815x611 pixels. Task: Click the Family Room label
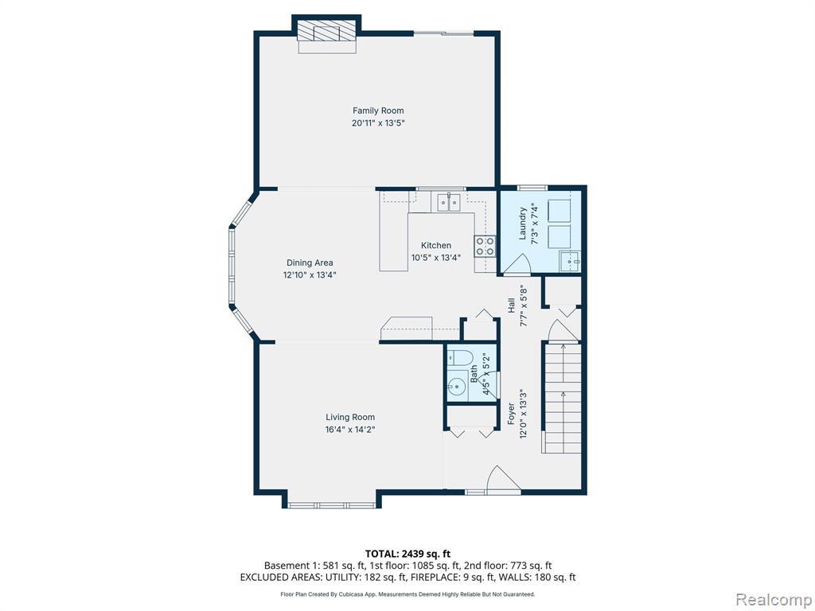tap(378, 111)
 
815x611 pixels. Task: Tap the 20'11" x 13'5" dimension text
tap(378, 123)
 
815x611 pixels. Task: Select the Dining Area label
tap(310, 263)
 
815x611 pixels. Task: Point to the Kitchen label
tap(436, 245)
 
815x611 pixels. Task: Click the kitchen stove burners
tap(485, 246)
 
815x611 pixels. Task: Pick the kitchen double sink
tap(449, 201)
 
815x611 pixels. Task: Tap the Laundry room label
tap(523, 224)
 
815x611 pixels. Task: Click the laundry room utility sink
tap(570, 260)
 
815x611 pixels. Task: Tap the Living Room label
tap(350, 417)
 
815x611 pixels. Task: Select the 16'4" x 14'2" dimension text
tap(350, 430)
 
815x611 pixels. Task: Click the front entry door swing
tap(503, 478)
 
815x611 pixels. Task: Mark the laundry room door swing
tap(516, 264)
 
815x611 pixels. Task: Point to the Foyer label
tap(511, 414)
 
